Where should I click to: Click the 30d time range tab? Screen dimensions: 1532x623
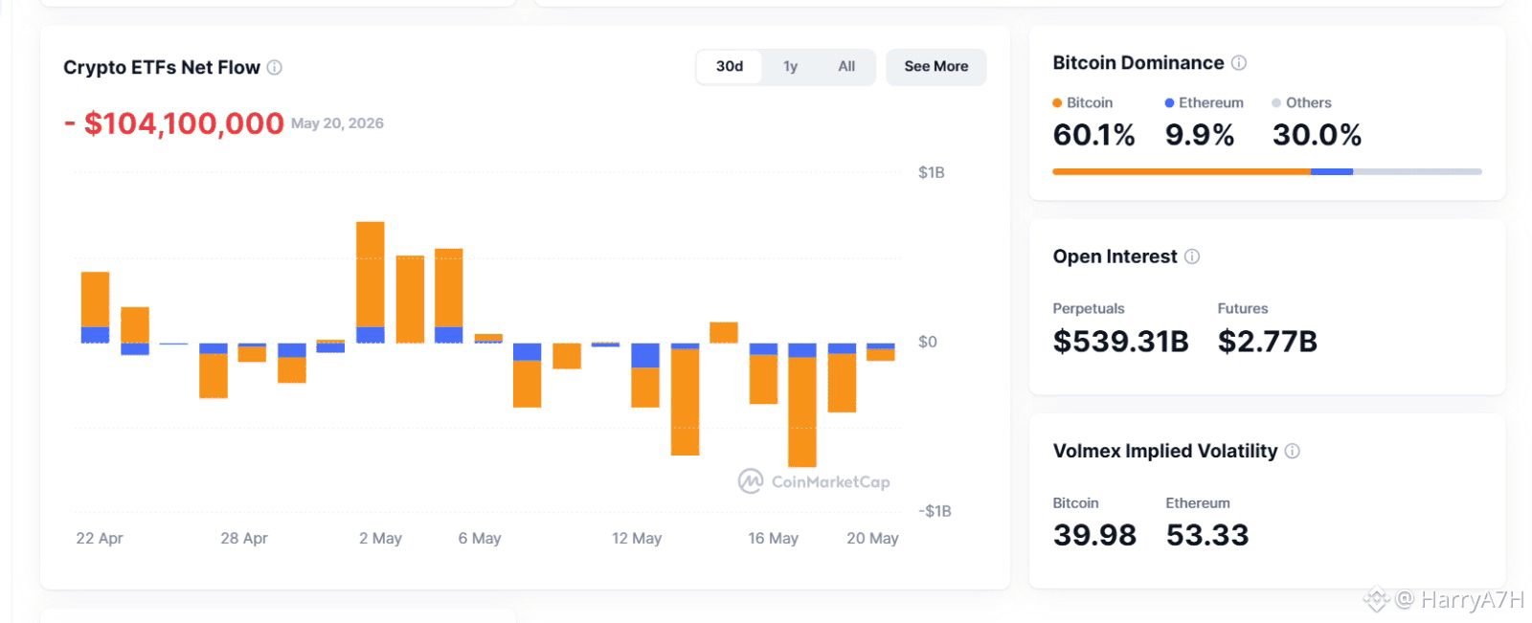click(729, 66)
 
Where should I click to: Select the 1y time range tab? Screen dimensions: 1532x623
click(790, 66)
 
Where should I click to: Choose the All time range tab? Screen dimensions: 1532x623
click(846, 66)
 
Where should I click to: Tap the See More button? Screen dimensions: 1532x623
click(935, 66)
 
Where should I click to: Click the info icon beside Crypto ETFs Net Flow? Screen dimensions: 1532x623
click(274, 67)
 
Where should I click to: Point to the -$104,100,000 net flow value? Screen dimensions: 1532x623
click(173, 123)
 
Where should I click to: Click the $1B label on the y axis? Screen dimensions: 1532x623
click(931, 172)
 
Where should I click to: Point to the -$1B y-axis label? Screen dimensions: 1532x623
click(935, 511)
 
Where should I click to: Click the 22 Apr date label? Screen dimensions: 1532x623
click(100, 538)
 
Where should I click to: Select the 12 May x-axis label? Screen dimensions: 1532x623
click(636, 538)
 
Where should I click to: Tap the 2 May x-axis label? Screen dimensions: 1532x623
click(380, 538)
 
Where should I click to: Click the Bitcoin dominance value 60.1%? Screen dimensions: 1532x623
click(1093, 135)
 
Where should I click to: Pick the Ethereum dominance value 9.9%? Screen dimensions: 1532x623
click(1200, 135)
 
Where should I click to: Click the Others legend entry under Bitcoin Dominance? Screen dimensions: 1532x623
click(1301, 102)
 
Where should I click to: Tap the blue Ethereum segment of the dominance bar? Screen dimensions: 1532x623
click(1332, 171)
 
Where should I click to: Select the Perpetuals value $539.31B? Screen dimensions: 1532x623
click(1120, 342)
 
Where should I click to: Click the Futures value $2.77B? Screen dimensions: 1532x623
click(1267, 342)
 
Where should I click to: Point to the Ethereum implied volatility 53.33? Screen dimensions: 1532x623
click(1207, 535)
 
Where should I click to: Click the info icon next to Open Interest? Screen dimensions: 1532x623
click(1192, 256)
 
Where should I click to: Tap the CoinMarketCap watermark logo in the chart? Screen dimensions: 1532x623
click(751, 480)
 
